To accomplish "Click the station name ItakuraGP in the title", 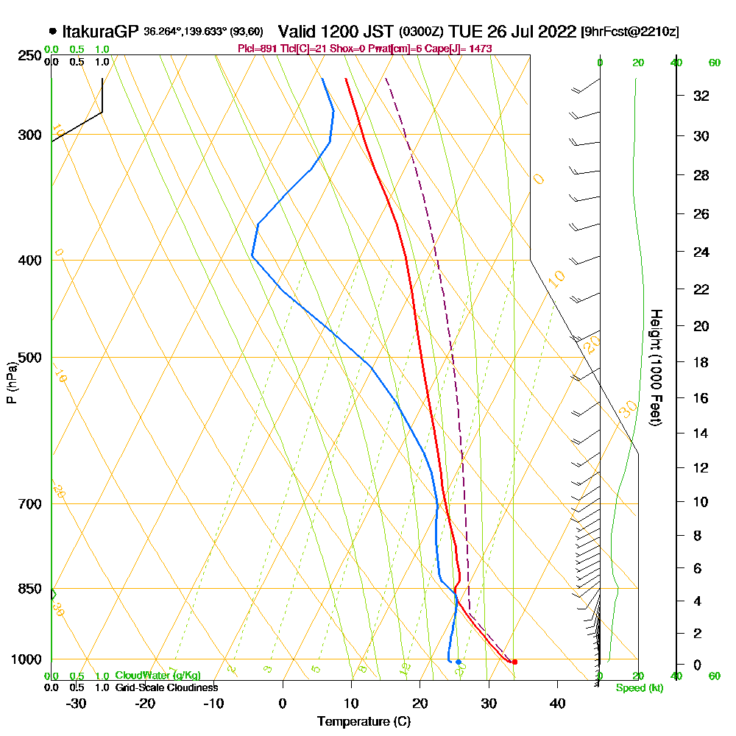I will pyautogui.click(x=100, y=32).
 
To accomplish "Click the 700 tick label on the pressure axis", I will pyautogui.click(x=29, y=504).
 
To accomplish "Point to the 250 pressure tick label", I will pyautogui.click(x=29, y=56).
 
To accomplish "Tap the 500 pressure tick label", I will pyautogui.click(x=29, y=358).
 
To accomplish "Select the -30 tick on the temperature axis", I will pyautogui.click(x=76, y=704).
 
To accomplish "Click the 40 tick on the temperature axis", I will pyautogui.click(x=557, y=704).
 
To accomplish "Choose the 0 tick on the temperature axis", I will pyautogui.click(x=283, y=704).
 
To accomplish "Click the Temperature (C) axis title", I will pyautogui.click(x=364, y=722).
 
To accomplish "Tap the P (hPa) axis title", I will pyautogui.click(x=12, y=382).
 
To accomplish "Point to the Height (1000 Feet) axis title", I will pyautogui.click(x=654, y=367).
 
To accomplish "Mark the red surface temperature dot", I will pyautogui.click(x=514, y=662).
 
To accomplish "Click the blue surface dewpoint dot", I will pyautogui.click(x=458, y=662).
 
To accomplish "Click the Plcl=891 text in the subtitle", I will pyautogui.click(x=257, y=49).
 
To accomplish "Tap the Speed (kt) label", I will pyautogui.click(x=637, y=688).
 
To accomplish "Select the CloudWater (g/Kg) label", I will pyautogui.click(x=158, y=675).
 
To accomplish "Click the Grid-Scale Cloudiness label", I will pyautogui.click(x=166, y=687).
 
